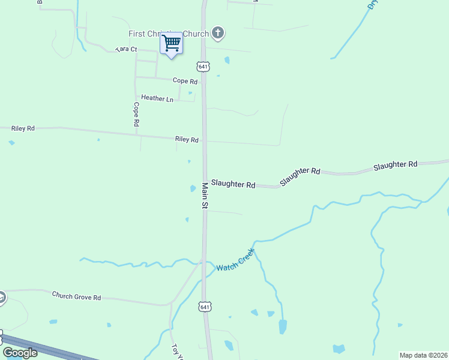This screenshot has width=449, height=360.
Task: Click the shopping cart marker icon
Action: pos(172,43)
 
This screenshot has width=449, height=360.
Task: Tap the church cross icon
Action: pos(218,34)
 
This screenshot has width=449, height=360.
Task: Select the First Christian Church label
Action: pos(169,34)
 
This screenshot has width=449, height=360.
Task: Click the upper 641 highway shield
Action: pos(204,66)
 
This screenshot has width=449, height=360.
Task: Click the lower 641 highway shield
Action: pos(205,307)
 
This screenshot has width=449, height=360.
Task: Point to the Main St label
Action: pos(205,196)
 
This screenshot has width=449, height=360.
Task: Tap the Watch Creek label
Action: pos(236,260)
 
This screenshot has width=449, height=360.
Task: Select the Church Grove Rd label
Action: pos(76,296)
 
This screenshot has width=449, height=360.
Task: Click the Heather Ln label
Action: pos(157,98)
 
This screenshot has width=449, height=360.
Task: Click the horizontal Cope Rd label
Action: pos(185,81)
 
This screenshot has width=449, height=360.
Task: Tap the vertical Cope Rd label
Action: pos(136,114)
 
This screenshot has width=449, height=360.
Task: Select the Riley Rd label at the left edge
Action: pos(23,128)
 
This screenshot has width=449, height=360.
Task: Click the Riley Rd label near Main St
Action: pos(187,139)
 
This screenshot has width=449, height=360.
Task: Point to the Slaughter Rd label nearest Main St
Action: pos(233,185)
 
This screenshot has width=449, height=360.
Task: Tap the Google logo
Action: pos(20,353)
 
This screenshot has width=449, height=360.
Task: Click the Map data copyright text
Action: pos(423,355)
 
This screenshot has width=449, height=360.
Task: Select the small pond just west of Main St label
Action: pos(193,188)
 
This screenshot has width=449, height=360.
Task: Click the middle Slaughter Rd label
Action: pos(300,175)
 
